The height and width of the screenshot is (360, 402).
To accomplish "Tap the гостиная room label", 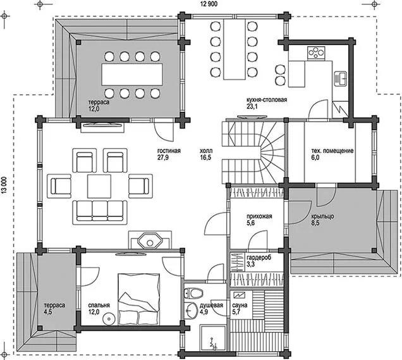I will click(x=169, y=151).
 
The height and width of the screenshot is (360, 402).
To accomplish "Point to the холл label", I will click(x=206, y=151).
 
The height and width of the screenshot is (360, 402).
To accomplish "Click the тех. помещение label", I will click(x=332, y=151).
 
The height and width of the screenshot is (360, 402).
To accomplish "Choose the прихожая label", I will click(x=259, y=216).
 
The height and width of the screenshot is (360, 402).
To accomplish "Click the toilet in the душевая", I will click(x=195, y=293).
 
